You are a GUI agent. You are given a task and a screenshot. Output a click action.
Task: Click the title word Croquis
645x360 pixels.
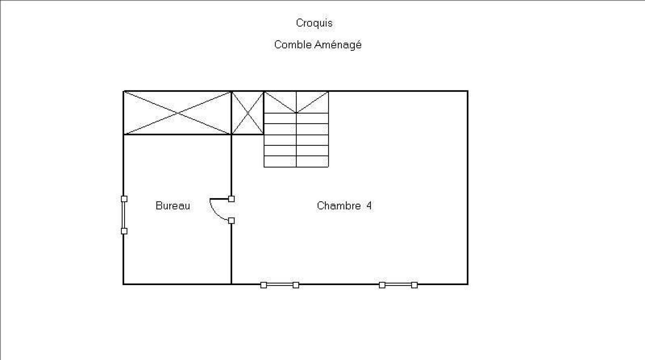(x=314, y=23)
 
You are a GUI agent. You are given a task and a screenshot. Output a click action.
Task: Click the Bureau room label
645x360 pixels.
(x=173, y=206)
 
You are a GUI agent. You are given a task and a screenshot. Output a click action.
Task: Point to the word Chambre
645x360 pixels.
(x=339, y=206)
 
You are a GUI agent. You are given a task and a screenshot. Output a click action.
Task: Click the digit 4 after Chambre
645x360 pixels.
(x=369, y=206)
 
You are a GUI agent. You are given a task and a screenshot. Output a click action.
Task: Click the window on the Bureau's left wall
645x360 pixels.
(x=124, y=215)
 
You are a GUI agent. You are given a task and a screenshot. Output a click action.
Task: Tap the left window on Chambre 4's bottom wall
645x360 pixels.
(x=279, y=285)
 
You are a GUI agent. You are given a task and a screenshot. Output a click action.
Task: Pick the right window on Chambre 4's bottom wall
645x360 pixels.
(x=398, y=285)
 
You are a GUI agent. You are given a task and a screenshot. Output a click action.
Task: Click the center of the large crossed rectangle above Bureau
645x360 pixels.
(x=177, y=113)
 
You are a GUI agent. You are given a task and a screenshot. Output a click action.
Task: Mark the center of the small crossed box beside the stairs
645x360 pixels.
(x=248, y=113)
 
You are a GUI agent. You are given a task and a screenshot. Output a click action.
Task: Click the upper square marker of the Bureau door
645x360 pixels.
(x=231, y=199)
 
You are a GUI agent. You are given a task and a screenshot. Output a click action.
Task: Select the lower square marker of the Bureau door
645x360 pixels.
(x=231, y=221)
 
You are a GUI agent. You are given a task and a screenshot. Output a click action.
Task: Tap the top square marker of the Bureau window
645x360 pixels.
(x=124, y=199)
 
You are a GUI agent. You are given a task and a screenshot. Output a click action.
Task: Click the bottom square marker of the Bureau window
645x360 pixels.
(x=124, y=231)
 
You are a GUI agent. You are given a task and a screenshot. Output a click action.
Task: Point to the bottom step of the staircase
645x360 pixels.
(x=296, y=162)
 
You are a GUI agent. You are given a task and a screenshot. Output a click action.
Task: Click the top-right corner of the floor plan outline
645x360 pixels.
(x=468, y=91)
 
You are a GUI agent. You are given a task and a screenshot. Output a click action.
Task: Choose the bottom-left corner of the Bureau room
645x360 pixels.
(x=124, y=284)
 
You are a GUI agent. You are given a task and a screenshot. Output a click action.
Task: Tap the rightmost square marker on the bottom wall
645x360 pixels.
(x=414, y=285)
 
